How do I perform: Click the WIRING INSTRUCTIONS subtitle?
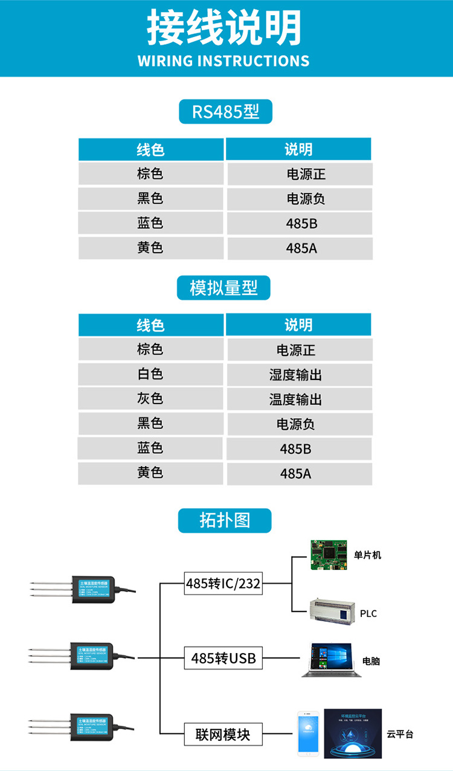click(x=223, y=61)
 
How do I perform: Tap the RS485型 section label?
click(x=225, y=112)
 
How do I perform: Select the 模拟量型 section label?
click(x=223, y=288)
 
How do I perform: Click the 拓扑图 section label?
click(x=225, y=520)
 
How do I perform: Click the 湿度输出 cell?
click(x=296, y=375)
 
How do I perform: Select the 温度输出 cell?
click(x=296, y=400)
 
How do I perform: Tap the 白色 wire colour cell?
click(x=150, y=374)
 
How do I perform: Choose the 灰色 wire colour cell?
click(x=150, y=399)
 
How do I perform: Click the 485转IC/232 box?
click(x=223, y=584)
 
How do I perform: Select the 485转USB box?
click(x=223, y=658)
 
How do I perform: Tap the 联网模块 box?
click(x=223, y=735)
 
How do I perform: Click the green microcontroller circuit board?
click(x=329, y=555)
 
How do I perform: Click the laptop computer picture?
click(x=331, y=659)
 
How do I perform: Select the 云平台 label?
click(x=400, y=735)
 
